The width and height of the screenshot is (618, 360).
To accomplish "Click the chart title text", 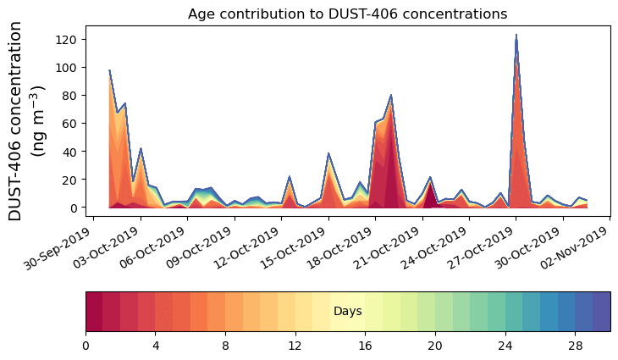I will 347,14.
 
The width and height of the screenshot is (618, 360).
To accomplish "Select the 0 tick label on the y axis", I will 74,208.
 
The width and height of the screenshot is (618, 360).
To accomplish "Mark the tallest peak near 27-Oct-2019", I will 516,36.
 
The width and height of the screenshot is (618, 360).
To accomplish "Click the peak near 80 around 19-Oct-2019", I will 391,95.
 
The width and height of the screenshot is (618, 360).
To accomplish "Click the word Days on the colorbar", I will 347,312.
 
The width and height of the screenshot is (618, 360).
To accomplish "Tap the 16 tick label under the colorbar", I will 365,346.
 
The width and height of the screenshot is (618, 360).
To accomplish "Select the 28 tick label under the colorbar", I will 575,346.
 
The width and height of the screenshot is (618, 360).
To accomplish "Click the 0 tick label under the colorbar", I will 86,346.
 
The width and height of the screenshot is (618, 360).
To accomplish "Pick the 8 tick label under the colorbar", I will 225,346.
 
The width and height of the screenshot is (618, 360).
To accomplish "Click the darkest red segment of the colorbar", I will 94,312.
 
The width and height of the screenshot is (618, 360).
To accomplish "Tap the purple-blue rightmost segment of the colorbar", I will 601,312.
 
